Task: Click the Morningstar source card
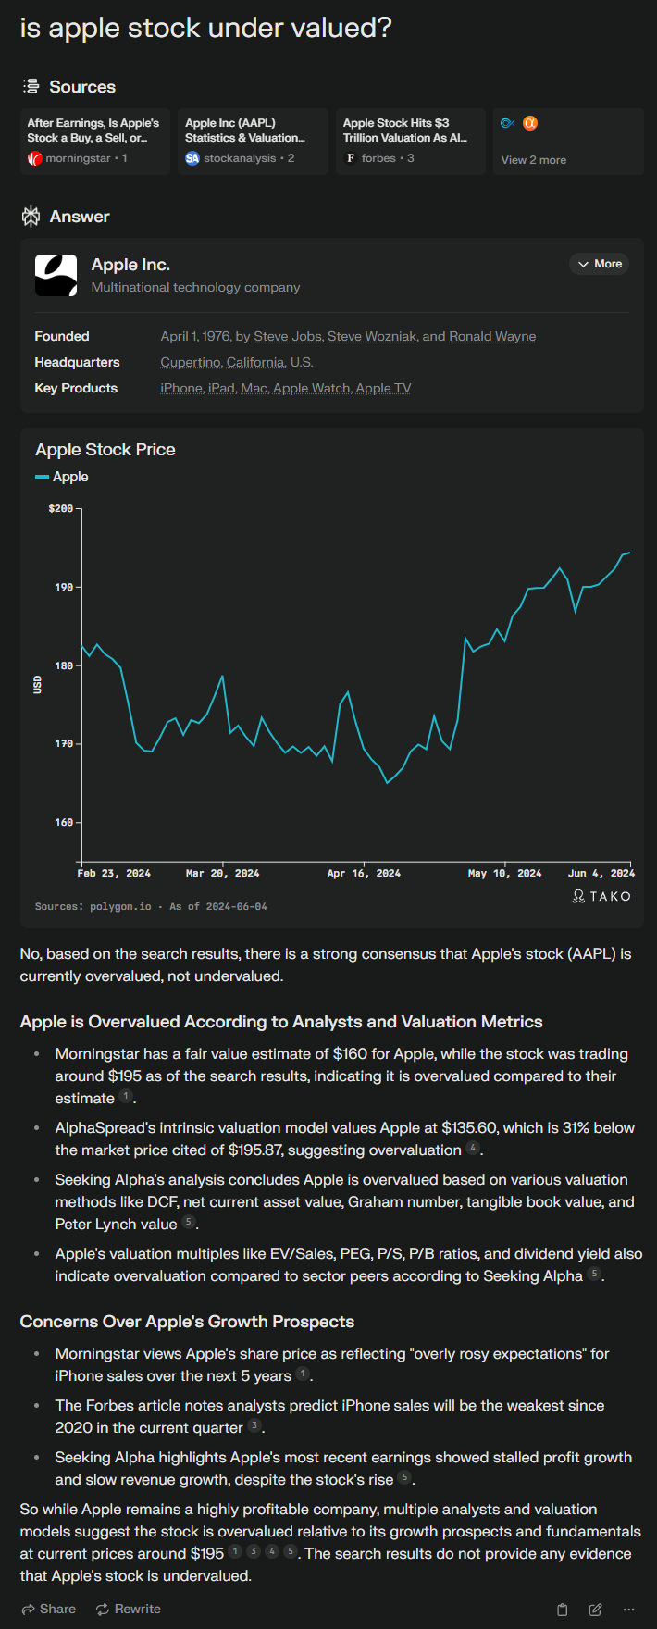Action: tap(95, 141)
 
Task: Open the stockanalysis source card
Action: tap(253, 141)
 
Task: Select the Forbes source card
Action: tap(410, 141)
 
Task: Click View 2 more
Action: tap(534, 160)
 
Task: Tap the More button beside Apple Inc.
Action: tap(600, 264)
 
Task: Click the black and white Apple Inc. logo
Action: tap(56, 275)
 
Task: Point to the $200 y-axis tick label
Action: tap(60, 508)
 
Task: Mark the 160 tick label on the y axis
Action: tap(63, 822)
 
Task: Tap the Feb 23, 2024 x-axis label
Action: tap(114, 873)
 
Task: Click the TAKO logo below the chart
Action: tap(601, 896)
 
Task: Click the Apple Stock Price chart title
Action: tap(105, 450)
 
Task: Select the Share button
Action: tap(49, 1609)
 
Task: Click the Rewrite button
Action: tap(129, 1609)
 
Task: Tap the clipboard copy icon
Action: tap(562, 1610)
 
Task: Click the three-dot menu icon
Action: tap(629, 1610)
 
